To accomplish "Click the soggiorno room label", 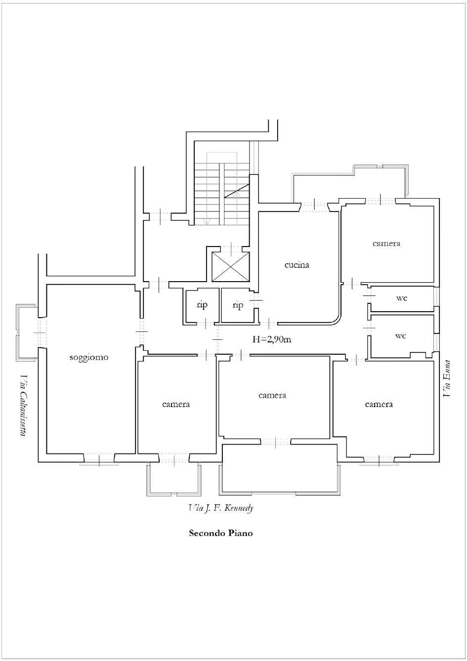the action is click(x=89, y=358).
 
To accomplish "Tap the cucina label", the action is click(x=297, y=265).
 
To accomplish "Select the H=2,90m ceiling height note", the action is click(x=272, y=339).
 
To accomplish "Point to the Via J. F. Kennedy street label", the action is click(x=221, y=508).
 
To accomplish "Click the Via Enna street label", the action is click(x=447, y=378).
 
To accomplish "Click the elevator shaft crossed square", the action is click(x=231, y=267).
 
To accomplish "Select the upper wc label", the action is click(x=402, y=298).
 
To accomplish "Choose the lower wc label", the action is click(x=400, y=336).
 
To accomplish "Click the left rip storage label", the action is click(x=202, y=305).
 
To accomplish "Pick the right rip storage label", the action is click(x=238, y=305).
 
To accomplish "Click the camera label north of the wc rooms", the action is click(x=386, y=244).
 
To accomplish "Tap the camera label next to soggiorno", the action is click(x=176, y=404).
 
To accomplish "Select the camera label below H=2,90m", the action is click(x=272, y=395).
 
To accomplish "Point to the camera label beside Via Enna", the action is click(x=379, y=404).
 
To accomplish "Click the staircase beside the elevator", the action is click(x=222, y=189).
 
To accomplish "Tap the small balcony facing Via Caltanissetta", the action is click(x=27, y=333).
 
